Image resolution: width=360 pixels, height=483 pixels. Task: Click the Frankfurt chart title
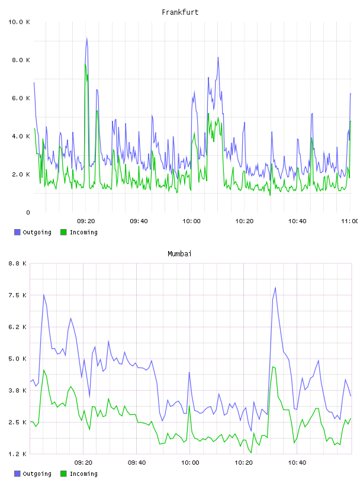coord(180,12)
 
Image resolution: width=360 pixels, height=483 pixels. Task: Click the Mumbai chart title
coord(179,254)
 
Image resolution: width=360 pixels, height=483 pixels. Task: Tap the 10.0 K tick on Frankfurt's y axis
coord(19,22)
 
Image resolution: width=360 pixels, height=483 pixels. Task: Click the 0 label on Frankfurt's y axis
coord(28,212)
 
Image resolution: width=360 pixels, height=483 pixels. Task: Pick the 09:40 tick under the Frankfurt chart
coord(139,221)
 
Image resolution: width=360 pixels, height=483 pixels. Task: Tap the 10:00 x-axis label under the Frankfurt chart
coord(191,221)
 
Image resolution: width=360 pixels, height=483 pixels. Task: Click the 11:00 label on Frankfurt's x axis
coord(350,221)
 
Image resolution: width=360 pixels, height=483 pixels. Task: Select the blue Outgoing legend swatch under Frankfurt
coord(17,232)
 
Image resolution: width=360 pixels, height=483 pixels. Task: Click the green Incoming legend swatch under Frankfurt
coord(63,232)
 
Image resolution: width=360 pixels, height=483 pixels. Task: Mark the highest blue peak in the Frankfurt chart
coord(87,38)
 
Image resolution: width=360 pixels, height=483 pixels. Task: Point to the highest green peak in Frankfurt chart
coord(85,64)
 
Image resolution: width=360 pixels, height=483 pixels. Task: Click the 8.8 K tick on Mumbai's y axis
coord(18,263)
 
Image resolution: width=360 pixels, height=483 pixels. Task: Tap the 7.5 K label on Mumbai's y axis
coord(18,295)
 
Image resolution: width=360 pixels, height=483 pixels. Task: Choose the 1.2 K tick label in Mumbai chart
coord(18,454)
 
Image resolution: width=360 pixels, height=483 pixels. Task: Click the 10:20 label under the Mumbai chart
coord(243,463)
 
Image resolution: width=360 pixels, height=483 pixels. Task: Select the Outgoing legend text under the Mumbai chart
coord(37,474)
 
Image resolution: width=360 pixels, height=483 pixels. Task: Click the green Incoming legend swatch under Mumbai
coord(63,474)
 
